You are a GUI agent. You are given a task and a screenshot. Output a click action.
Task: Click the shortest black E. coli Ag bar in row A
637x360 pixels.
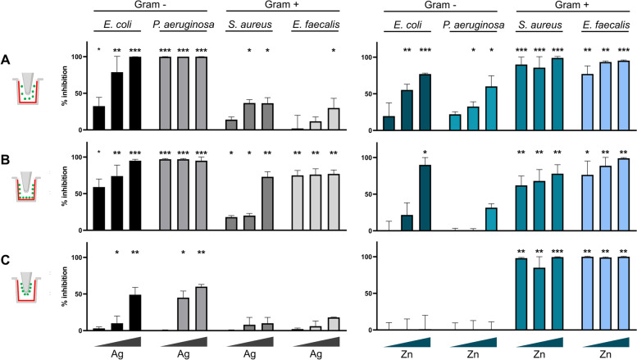pyautogui.click(x=98, y=118)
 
